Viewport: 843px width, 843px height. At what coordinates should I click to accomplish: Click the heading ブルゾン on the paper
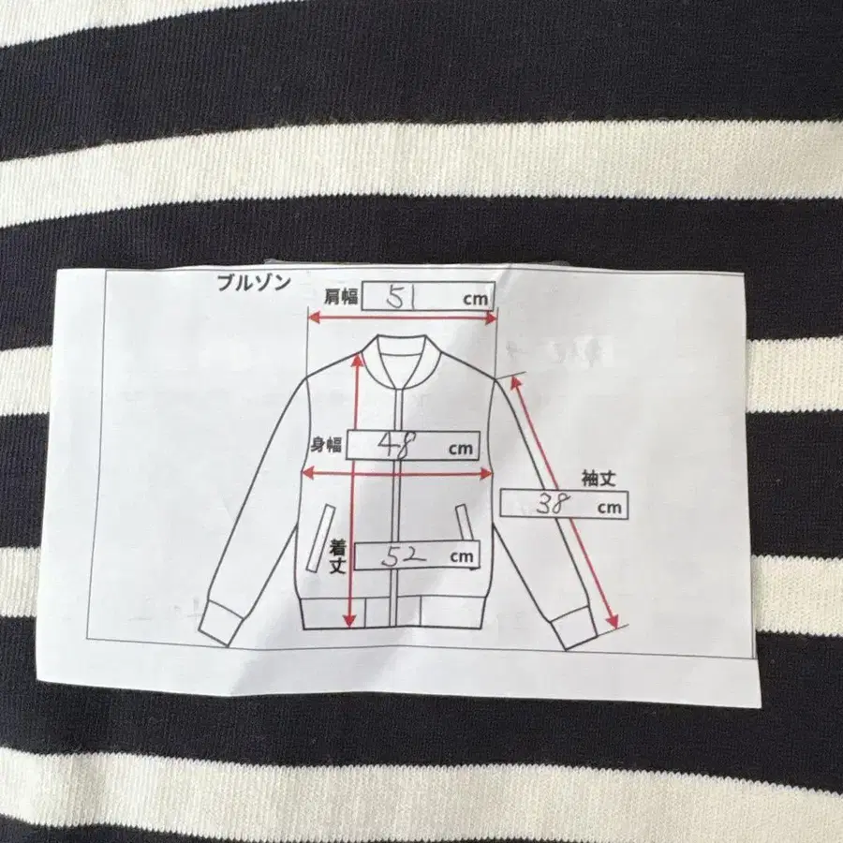point(254,283)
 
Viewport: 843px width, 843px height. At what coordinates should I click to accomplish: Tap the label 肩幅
point(341,296)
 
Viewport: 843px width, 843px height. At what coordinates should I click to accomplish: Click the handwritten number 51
point(402,297)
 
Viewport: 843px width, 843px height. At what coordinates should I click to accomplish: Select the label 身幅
point(326,445)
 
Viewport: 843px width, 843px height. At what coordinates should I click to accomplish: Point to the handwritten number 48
point(397,445)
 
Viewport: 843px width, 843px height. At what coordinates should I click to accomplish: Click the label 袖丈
point(599,478)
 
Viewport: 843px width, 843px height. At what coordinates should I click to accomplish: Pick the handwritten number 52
point(403,556)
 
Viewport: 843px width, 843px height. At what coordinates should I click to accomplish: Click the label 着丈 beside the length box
point(337,557)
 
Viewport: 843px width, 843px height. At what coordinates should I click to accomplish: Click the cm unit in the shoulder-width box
point(475,299)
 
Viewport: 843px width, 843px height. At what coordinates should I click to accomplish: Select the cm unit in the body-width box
point(461,449)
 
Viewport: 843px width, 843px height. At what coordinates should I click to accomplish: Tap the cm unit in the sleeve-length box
point(609,508)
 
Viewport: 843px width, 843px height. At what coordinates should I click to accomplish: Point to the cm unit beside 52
point(462,557)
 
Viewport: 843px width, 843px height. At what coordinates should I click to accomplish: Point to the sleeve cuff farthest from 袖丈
point(219,621)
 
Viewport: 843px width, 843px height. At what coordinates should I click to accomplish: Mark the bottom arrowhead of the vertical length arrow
point(350,621)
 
